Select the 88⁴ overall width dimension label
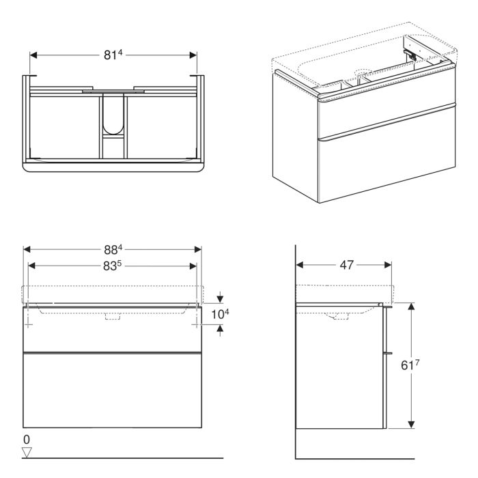[x=113, y=250]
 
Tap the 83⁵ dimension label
[x=113, y=266]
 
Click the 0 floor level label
[x=27, y=438]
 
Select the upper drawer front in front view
[x=113, y=331]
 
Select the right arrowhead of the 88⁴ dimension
[x=199, y=250]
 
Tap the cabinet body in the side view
[x=338, y=369]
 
